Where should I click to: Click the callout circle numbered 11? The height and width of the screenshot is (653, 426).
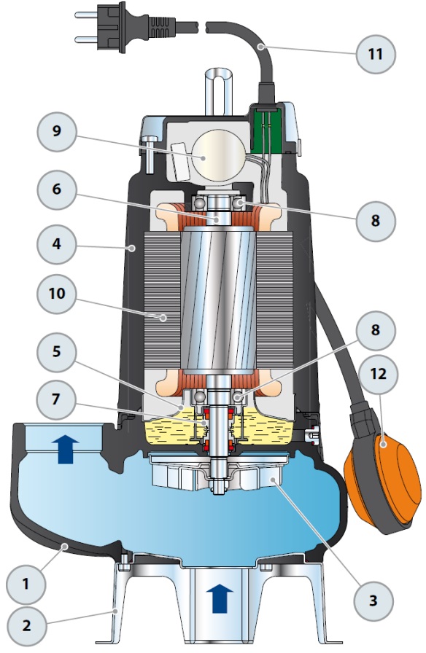pos(376,54)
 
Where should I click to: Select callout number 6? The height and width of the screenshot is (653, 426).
pos(57,189)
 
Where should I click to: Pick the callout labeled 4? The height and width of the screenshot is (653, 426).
pos(57,244)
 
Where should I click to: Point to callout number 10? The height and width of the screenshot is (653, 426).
pos(57,294)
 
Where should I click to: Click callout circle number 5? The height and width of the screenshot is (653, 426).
pos(57,352)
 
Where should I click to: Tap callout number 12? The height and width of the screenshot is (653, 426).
pos(379,374)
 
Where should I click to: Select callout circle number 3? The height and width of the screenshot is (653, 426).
pos(373,601)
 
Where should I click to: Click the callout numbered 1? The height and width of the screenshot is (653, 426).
pos(26,584)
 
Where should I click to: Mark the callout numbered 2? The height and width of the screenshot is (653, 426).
pos(26,626)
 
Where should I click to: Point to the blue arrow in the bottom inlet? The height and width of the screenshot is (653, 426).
pos(220,598)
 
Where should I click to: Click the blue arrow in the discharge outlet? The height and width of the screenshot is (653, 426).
pos(66,448)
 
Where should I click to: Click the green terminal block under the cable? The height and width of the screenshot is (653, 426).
pos(268,128)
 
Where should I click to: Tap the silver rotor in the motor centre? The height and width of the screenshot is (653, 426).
pos(218,301)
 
